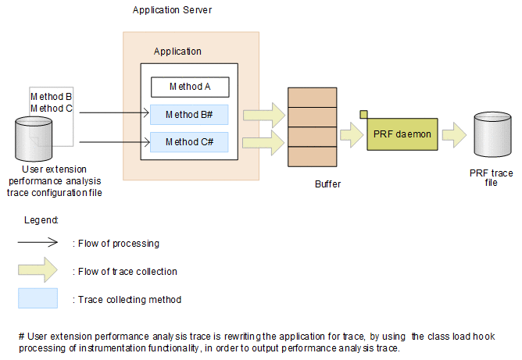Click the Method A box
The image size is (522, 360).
(189, 87)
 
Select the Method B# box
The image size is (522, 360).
(189, 115)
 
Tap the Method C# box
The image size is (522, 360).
(189, 142)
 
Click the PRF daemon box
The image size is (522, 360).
(402, 134)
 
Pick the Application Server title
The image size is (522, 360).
(172, 10)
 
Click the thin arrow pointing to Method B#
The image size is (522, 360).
(114, 114)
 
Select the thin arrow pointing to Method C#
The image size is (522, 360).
(114, 142)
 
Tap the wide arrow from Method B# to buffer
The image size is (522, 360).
(263, 115)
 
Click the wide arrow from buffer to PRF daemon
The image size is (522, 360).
(353, 135)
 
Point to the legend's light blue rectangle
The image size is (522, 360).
(38, 298)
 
